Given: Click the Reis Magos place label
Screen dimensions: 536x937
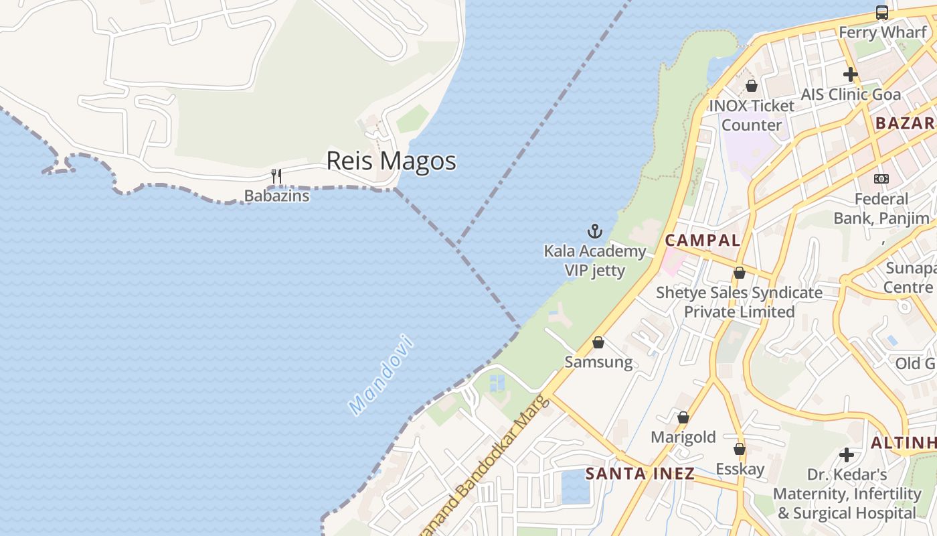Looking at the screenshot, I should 391,161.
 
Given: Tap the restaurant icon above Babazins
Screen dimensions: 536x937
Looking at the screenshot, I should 276,176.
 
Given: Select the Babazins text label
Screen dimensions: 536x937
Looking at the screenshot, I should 276,196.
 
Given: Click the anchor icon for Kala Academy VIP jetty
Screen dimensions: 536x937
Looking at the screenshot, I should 594,232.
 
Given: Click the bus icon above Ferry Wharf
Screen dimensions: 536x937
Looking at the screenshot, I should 882,13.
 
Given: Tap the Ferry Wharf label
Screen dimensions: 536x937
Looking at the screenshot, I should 882,32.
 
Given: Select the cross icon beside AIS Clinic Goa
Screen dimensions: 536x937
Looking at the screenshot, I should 851,74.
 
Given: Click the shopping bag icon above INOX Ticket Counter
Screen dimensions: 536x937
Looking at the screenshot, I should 751,86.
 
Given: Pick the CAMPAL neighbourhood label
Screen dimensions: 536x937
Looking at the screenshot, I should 702,241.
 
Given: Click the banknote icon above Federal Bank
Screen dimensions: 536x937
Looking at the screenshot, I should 881,179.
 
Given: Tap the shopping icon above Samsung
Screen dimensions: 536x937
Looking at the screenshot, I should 598,343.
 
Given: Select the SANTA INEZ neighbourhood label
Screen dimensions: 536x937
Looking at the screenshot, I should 640,474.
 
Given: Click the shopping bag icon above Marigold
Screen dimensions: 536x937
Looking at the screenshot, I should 683,418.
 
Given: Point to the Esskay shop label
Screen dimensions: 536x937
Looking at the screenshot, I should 740,468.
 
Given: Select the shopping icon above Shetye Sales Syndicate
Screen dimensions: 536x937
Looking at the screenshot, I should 739,273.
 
